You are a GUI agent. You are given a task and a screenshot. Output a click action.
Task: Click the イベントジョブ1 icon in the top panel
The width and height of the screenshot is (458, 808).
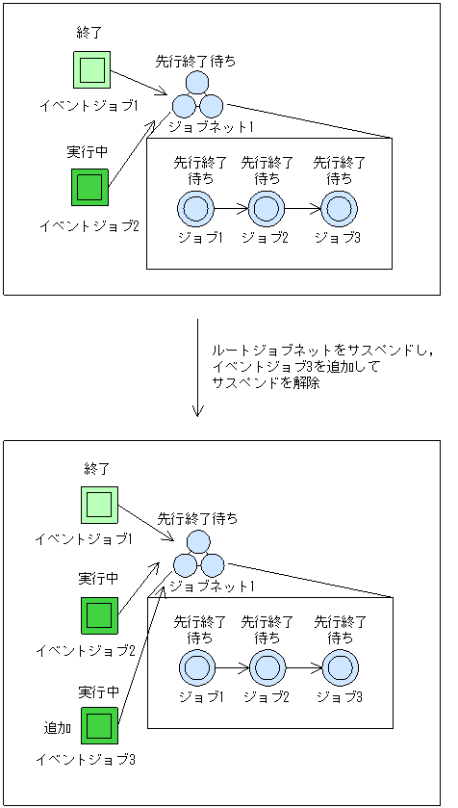click(x=92, y=69)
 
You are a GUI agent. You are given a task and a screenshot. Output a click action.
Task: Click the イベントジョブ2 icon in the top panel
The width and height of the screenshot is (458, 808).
click(x=90, y=187)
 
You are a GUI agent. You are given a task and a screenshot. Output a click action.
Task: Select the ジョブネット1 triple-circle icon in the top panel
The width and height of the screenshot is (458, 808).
click(x=197, y=96)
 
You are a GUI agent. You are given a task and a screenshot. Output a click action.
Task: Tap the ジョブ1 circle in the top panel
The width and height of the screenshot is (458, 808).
click(x=194, y=207)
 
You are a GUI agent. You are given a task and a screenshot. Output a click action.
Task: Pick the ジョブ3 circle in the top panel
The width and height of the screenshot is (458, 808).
click(x=339, y=207)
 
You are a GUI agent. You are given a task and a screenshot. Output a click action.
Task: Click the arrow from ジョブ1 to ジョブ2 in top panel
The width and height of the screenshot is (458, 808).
click(x=229, y=207)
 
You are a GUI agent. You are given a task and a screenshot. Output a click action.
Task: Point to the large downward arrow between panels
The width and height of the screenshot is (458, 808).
click(x=197, y=367)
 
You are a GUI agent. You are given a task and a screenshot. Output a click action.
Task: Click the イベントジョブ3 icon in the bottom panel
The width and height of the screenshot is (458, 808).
click(x=99, y=724)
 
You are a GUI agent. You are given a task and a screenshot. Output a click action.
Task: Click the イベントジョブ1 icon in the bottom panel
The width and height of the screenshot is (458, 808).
click(x=99, y=504)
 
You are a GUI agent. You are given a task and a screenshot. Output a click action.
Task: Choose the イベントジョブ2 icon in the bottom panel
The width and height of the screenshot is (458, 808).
click(x=99, y=614)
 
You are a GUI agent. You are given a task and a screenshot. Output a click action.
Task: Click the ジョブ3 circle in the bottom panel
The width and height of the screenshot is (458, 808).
click(x=340, y=665)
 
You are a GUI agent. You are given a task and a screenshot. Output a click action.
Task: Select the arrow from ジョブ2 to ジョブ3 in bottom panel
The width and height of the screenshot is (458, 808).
click(x=303, y=665)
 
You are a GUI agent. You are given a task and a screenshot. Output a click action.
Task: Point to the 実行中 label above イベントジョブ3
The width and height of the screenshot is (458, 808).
click(x=98, y=691)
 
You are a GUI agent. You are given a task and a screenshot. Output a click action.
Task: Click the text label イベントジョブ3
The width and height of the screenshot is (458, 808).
click(x=86, y=760)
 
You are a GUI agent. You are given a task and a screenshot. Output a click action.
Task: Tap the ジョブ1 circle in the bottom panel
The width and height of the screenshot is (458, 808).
click(x=195, y=665)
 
